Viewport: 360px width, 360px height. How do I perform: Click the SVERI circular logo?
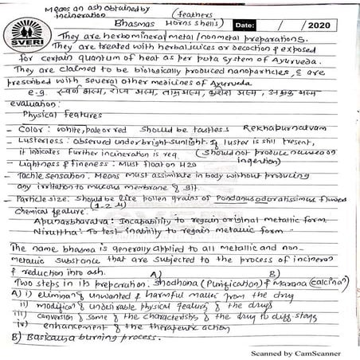[26, 34]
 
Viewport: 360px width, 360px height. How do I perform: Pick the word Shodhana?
[180, 283]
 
